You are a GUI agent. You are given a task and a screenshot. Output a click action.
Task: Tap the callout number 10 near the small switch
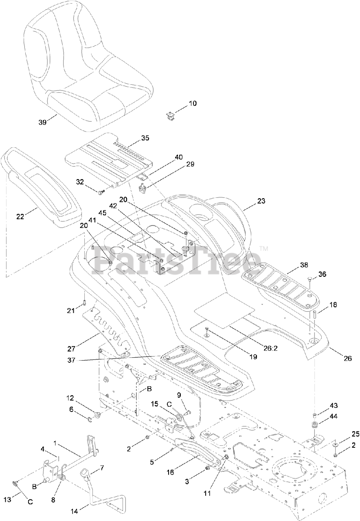pyautogui.click(x=192, y=104)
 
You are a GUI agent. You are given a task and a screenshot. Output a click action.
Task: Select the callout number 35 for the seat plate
pyautogui.click(x=145, y=138)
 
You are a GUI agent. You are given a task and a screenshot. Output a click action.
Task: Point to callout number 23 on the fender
pyautogui.click(x=261, y=201)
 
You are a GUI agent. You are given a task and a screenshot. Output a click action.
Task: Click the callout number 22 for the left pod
pyautogui.click(x=20, y=217)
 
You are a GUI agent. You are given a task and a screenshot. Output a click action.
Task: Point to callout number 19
pyautogui.click(x=253, y=357)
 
